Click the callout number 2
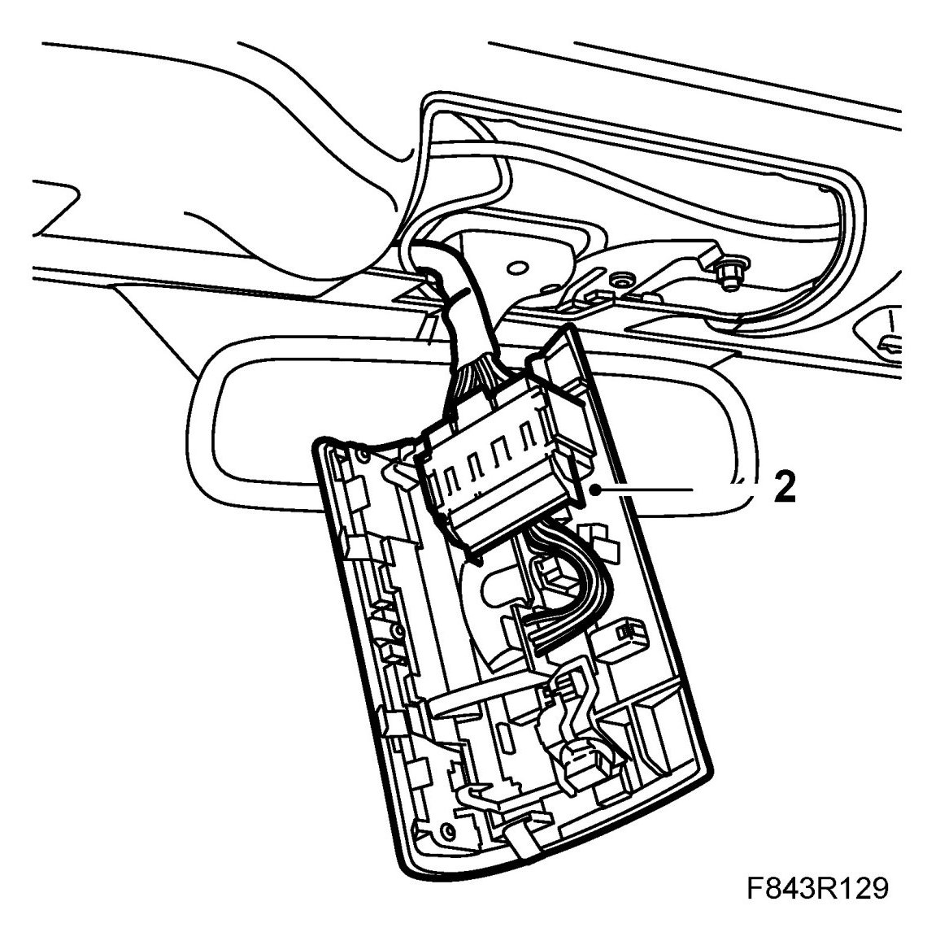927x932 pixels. coord(784,490)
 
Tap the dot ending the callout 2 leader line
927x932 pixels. coord(597,490)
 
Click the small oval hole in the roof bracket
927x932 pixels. coord(516,266)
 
